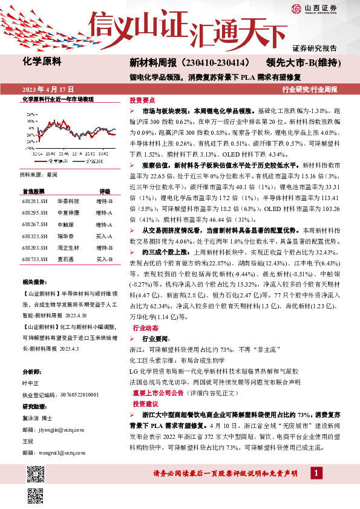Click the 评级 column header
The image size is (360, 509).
point(105,190)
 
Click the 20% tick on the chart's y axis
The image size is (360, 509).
point(29,114)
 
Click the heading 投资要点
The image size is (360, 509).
point(143,100)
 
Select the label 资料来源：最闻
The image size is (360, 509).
point(39,174)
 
